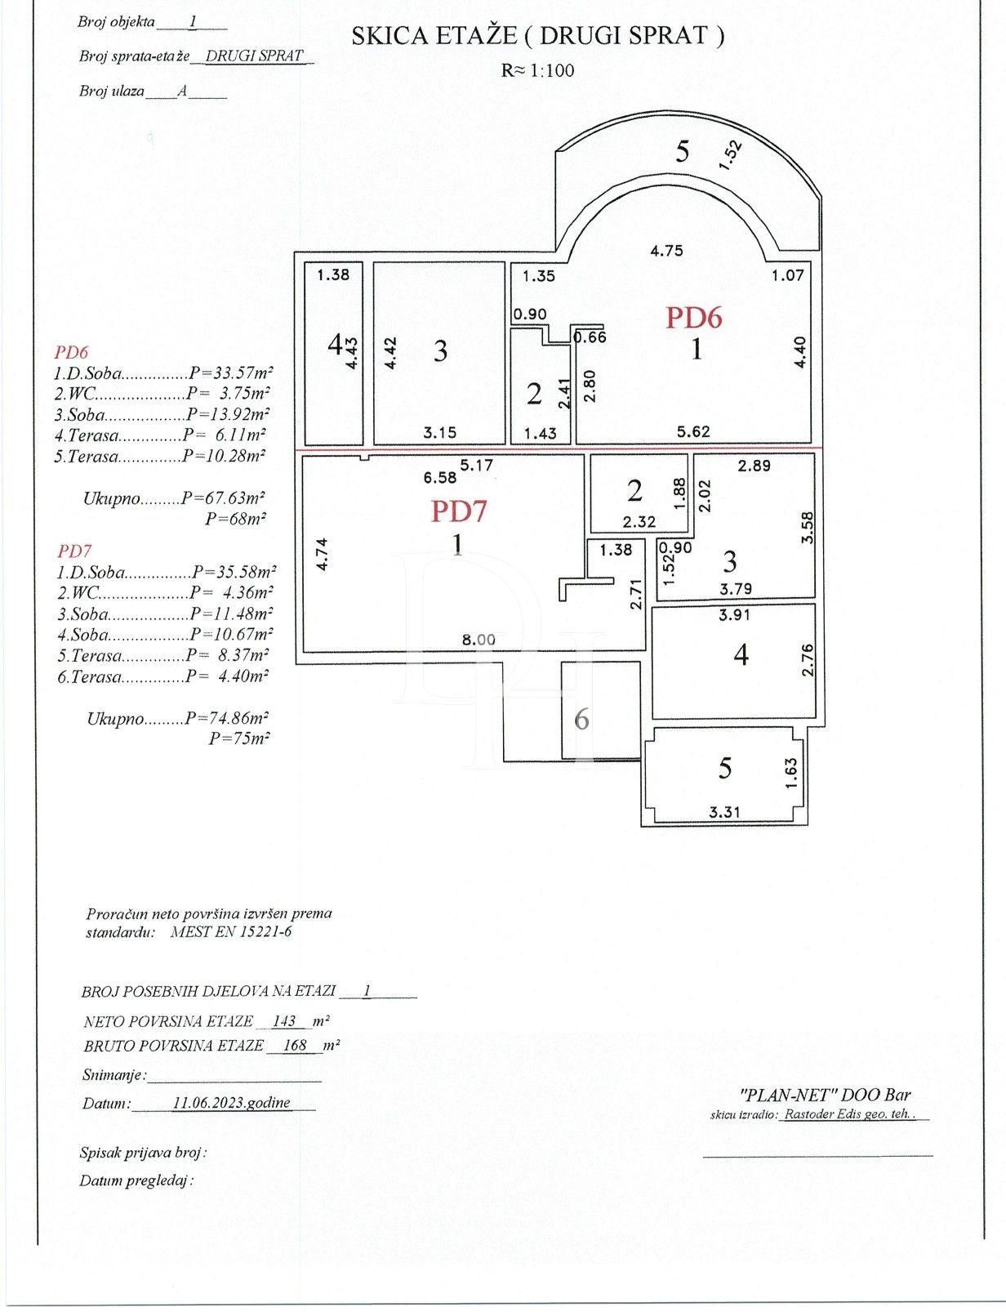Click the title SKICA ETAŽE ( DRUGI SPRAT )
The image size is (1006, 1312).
click(x=537, y=36)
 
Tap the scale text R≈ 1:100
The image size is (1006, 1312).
click(x=537, y=70)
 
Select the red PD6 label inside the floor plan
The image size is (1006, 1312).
click(x=693, y=317)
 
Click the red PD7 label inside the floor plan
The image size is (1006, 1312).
click(x=458, y=511)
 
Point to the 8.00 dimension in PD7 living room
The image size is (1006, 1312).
click(x=478, y=640)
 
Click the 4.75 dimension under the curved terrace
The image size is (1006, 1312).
click(x=666, y=251)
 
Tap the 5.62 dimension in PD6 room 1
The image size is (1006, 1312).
click(x=693, y=431)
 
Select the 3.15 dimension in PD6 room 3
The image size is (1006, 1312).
click(x=439, y=432)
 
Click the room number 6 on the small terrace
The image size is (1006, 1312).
click(x=581, y=720)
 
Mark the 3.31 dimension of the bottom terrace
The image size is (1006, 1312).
click(x=724, y=811)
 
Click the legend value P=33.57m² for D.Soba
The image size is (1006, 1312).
click(x=229, y=373)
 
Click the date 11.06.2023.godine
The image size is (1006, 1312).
click(x=231, y=1102)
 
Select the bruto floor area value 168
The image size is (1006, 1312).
click(x=294, y=1045)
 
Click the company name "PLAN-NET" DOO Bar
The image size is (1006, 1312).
click(x=825, y=1096)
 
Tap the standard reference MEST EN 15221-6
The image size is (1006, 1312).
click(x=231, y=930)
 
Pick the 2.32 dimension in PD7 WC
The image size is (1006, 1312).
click(x=639, y=521)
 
